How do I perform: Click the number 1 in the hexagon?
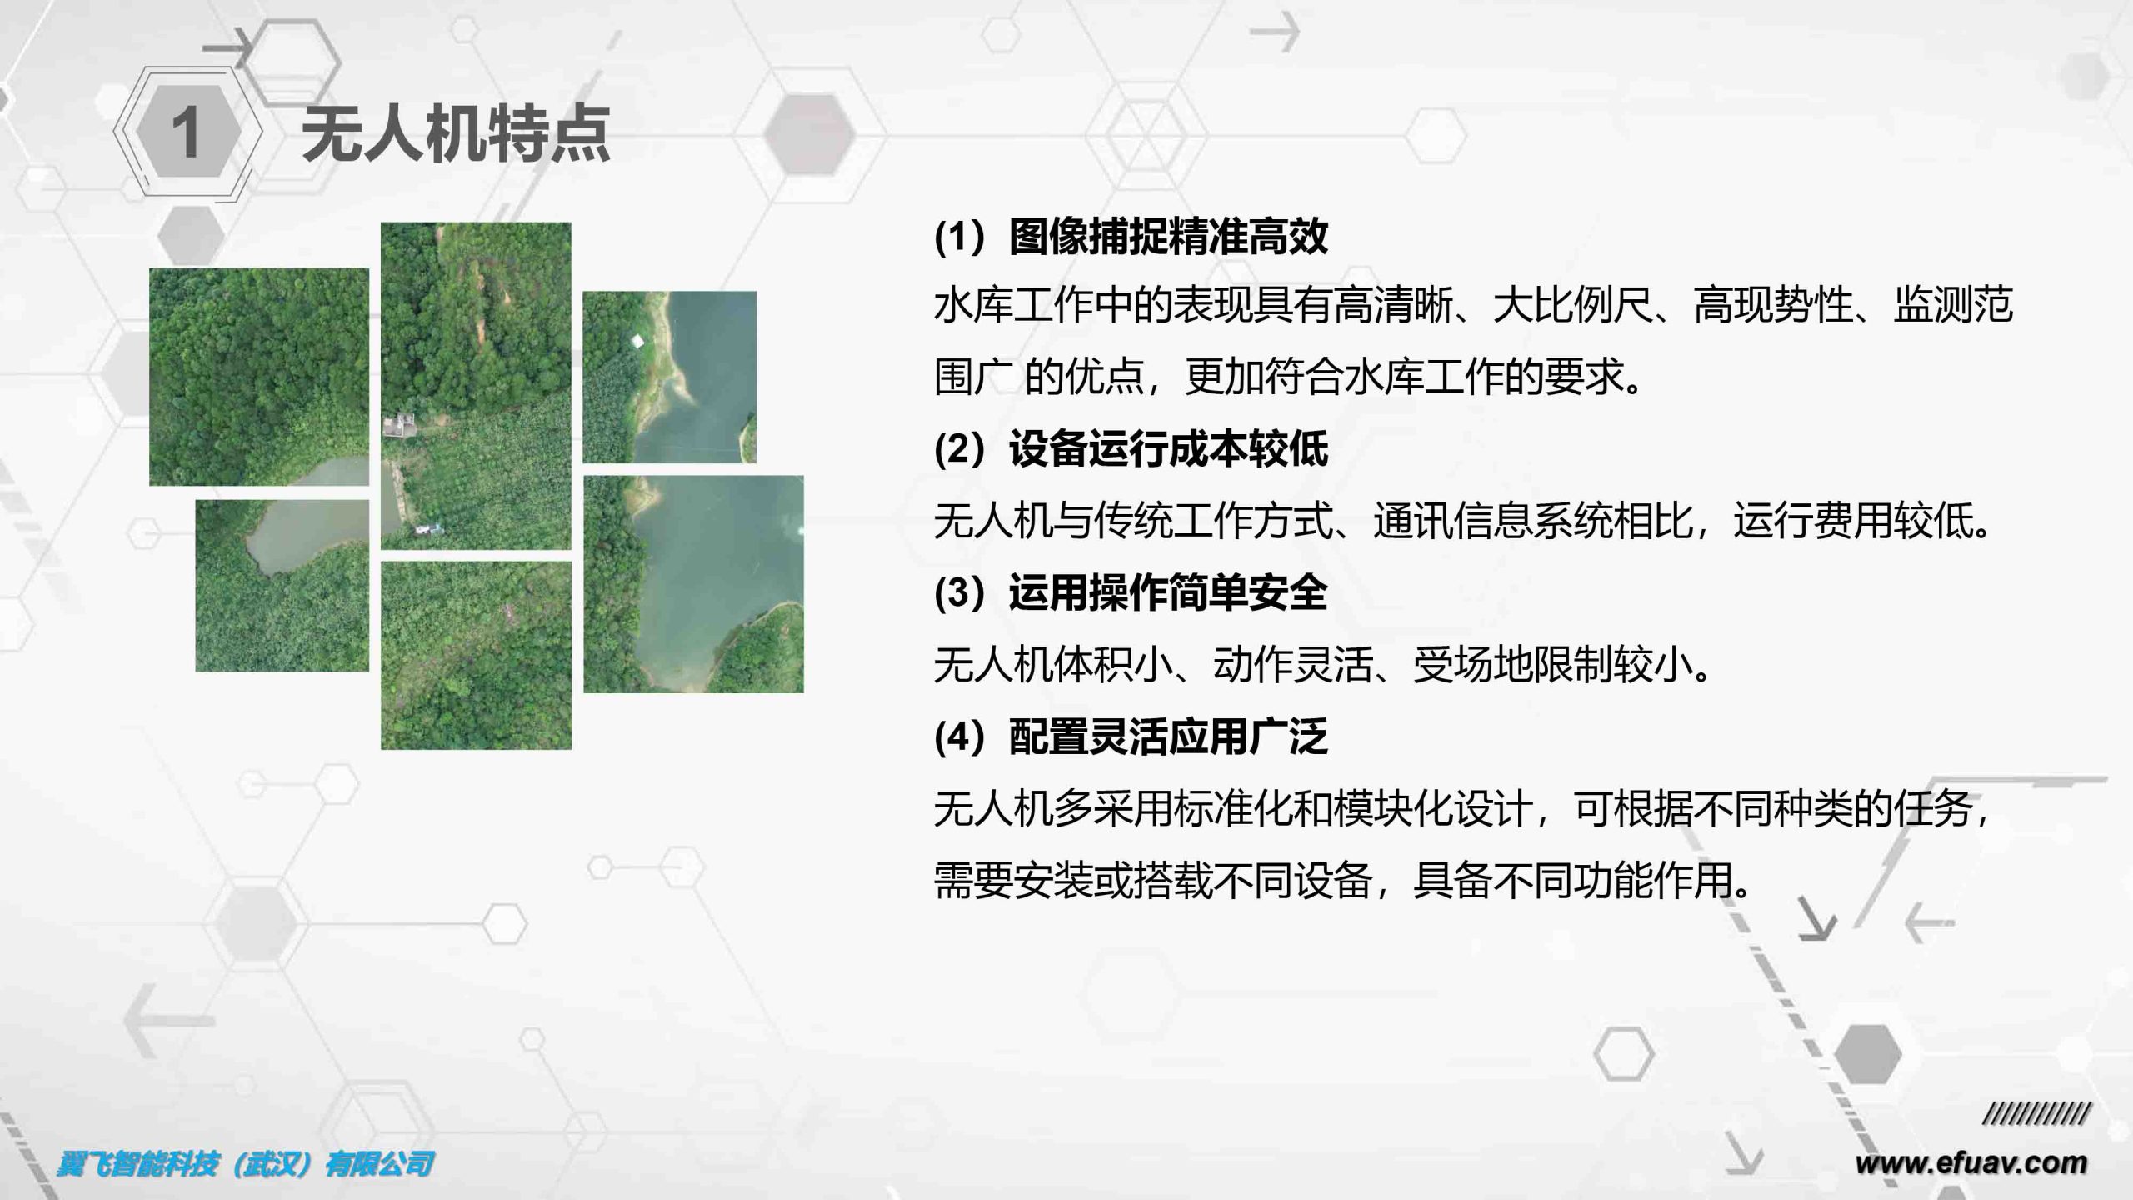pos(186,132)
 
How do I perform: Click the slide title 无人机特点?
pos(456,133)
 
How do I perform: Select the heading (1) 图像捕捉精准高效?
pos(1131,237)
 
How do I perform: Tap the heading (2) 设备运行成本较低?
pos(1131,449)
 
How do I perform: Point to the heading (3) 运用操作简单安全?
pos(1131,593)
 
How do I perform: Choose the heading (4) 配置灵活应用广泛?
pos(1131,737)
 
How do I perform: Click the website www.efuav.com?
pos(1971,1162)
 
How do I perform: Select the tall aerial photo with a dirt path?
pos(476,386)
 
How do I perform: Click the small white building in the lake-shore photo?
pos(637,340)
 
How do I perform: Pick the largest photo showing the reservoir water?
pos(693,584)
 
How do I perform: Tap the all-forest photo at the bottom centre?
pos(476,655)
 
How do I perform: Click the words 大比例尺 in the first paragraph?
pos(1572,305)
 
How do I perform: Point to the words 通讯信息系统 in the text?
pos(1492,522)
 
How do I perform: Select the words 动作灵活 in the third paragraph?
pos(1292,665)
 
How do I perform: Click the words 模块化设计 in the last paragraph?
pos(1432,809)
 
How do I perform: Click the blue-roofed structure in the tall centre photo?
pos(430,528)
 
